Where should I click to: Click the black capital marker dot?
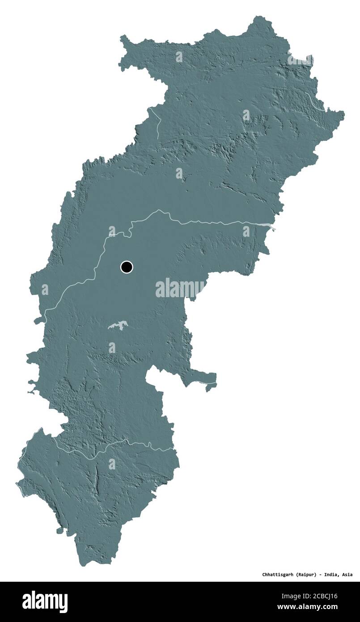coord(127,267)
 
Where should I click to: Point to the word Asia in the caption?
coord(347,574)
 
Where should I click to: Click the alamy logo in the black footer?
coord(45,602)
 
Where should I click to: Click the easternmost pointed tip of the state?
coord(343,114)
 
